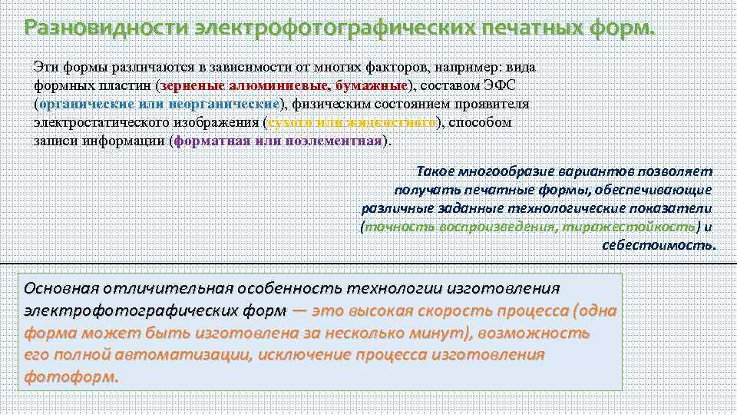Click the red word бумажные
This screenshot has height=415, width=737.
[x=374, y=85]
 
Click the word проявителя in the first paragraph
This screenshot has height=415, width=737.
[x=501, y=104]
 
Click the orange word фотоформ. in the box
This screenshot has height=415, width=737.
[x=72, y=378]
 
